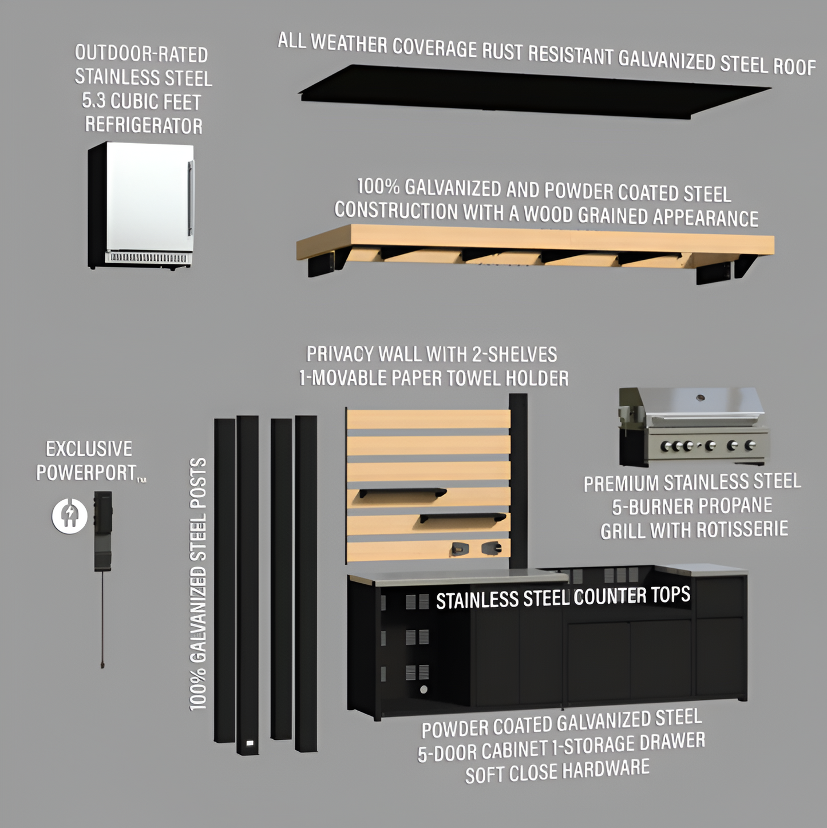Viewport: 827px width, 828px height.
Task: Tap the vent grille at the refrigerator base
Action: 148,258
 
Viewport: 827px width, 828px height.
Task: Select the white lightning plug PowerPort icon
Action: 70,516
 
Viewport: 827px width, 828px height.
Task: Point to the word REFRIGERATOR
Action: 144,125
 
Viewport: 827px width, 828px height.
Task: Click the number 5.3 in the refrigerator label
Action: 93,101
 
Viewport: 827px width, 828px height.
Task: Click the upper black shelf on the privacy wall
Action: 402,492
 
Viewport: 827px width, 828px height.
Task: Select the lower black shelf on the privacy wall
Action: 462,517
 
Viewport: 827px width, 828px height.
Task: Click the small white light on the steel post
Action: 250,743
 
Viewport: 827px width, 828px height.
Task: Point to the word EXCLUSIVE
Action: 89,449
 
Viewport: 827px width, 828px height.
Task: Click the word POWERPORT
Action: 86,473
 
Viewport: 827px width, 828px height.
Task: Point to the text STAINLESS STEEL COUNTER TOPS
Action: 563,598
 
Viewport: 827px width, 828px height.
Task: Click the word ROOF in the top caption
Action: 794,67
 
